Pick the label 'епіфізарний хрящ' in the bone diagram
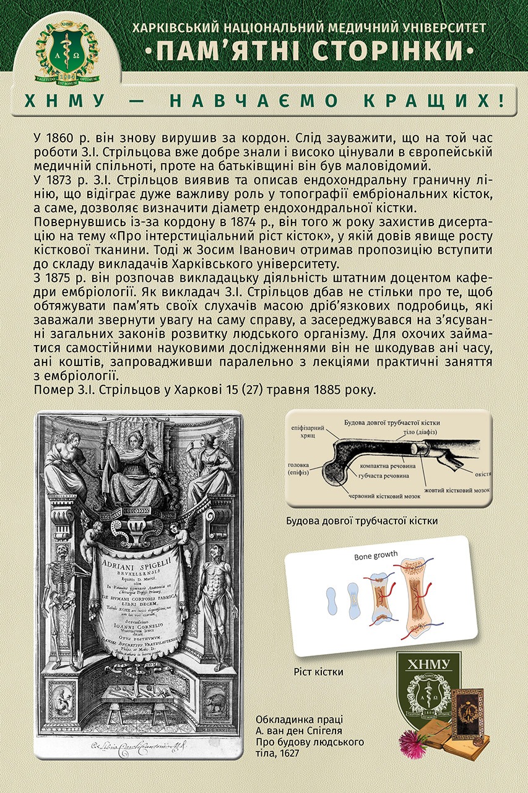(x=306, y=432)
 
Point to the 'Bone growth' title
(x=376, y=554)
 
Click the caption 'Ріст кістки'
(x=319, y=672)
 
